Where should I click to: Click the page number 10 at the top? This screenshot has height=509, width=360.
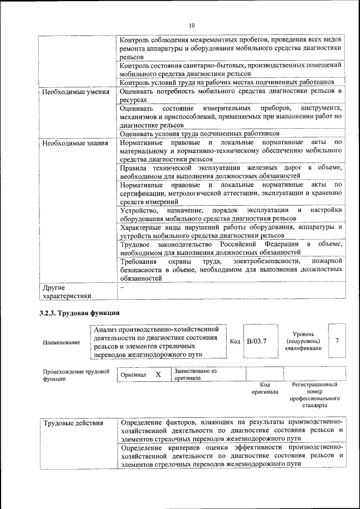pyautogui.click(x=191, y=25)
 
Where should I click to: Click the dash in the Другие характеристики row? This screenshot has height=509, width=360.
pyautogui.click(x=121, y=288)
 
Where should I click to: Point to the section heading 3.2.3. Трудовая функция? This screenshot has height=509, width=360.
pyautogui.click(x=79, y=313)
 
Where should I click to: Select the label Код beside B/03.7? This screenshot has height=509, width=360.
pyautogui.click(x=235, y=341)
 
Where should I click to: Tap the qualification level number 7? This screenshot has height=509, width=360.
pyautogui.click(x=337, y=341)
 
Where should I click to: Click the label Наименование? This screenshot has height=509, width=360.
pyautogui.click(x=61, y=342)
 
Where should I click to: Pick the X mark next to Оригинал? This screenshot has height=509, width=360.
pyautogui.click(x=158, y=375)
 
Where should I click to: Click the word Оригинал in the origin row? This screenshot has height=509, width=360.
pyautogui.click(x=133, y=375)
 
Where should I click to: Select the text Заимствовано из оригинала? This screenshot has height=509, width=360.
pyautogui.click(x=195, y=375)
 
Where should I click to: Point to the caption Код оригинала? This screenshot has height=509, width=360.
pyautogui.click(x=264, y=388)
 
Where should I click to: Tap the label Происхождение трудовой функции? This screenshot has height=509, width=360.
pyautogui.click(x=75, y=375)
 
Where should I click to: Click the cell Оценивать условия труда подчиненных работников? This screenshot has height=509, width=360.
pyautogui.click(x=200, y=134)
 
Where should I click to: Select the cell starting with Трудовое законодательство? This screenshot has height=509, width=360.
pyautogui.click(x=231, y=248)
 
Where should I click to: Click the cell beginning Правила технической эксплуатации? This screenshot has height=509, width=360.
pyautogui.click(x=231, y=172)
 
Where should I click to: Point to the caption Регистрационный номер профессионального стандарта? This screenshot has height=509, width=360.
pyautogui.click(x=314, y=395)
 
